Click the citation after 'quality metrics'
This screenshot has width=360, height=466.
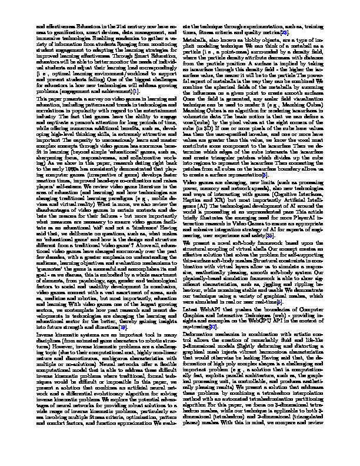(x=300, y=33)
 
